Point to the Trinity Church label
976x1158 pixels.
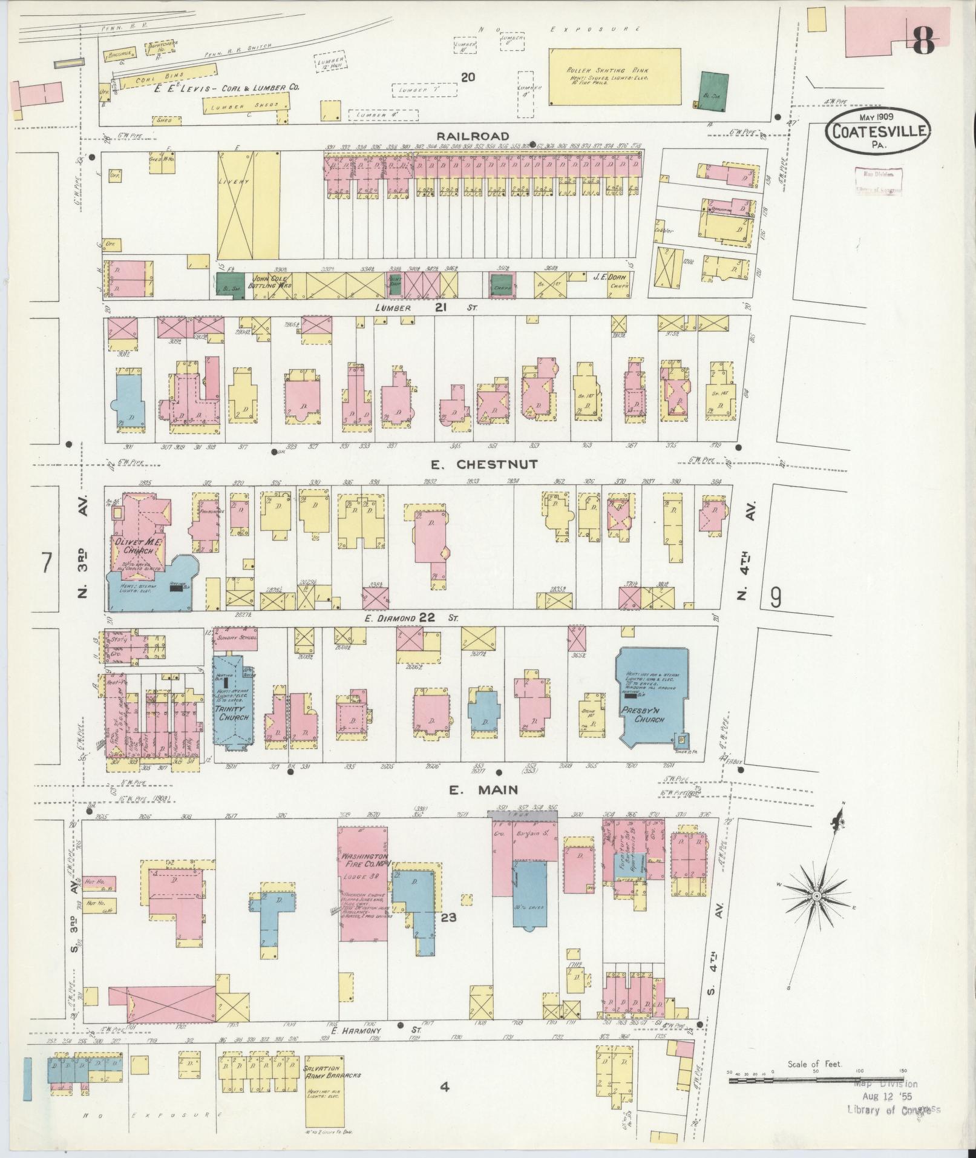232,712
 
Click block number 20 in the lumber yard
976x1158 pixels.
467,77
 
